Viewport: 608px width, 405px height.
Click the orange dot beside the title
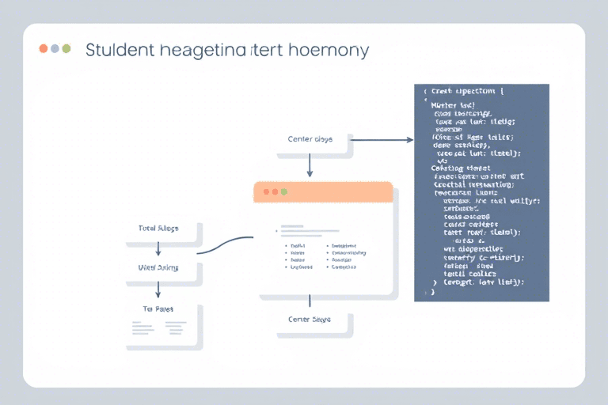click(44, 48)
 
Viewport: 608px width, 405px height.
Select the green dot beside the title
click(66, 48)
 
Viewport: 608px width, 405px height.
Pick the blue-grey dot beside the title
click(55, 48)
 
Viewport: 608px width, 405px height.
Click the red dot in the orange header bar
click(267, 192)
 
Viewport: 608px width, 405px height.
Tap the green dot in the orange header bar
click(284, 192)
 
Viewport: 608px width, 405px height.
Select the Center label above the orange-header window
click(310, 139)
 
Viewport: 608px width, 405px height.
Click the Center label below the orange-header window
click(310, 319)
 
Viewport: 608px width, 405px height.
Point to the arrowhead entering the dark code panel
click(409, 140)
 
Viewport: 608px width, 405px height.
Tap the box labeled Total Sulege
click(158, 228)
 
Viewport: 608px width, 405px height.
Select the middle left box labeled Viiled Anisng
click(158, 267)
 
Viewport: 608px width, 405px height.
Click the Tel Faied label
click(158, 308)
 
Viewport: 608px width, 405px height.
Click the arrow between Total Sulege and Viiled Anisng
click(158, 248)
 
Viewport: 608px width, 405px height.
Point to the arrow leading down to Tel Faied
click(158, 288)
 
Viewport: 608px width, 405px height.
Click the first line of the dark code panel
click(467, 92)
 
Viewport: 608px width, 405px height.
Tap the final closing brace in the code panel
click(432, 292)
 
